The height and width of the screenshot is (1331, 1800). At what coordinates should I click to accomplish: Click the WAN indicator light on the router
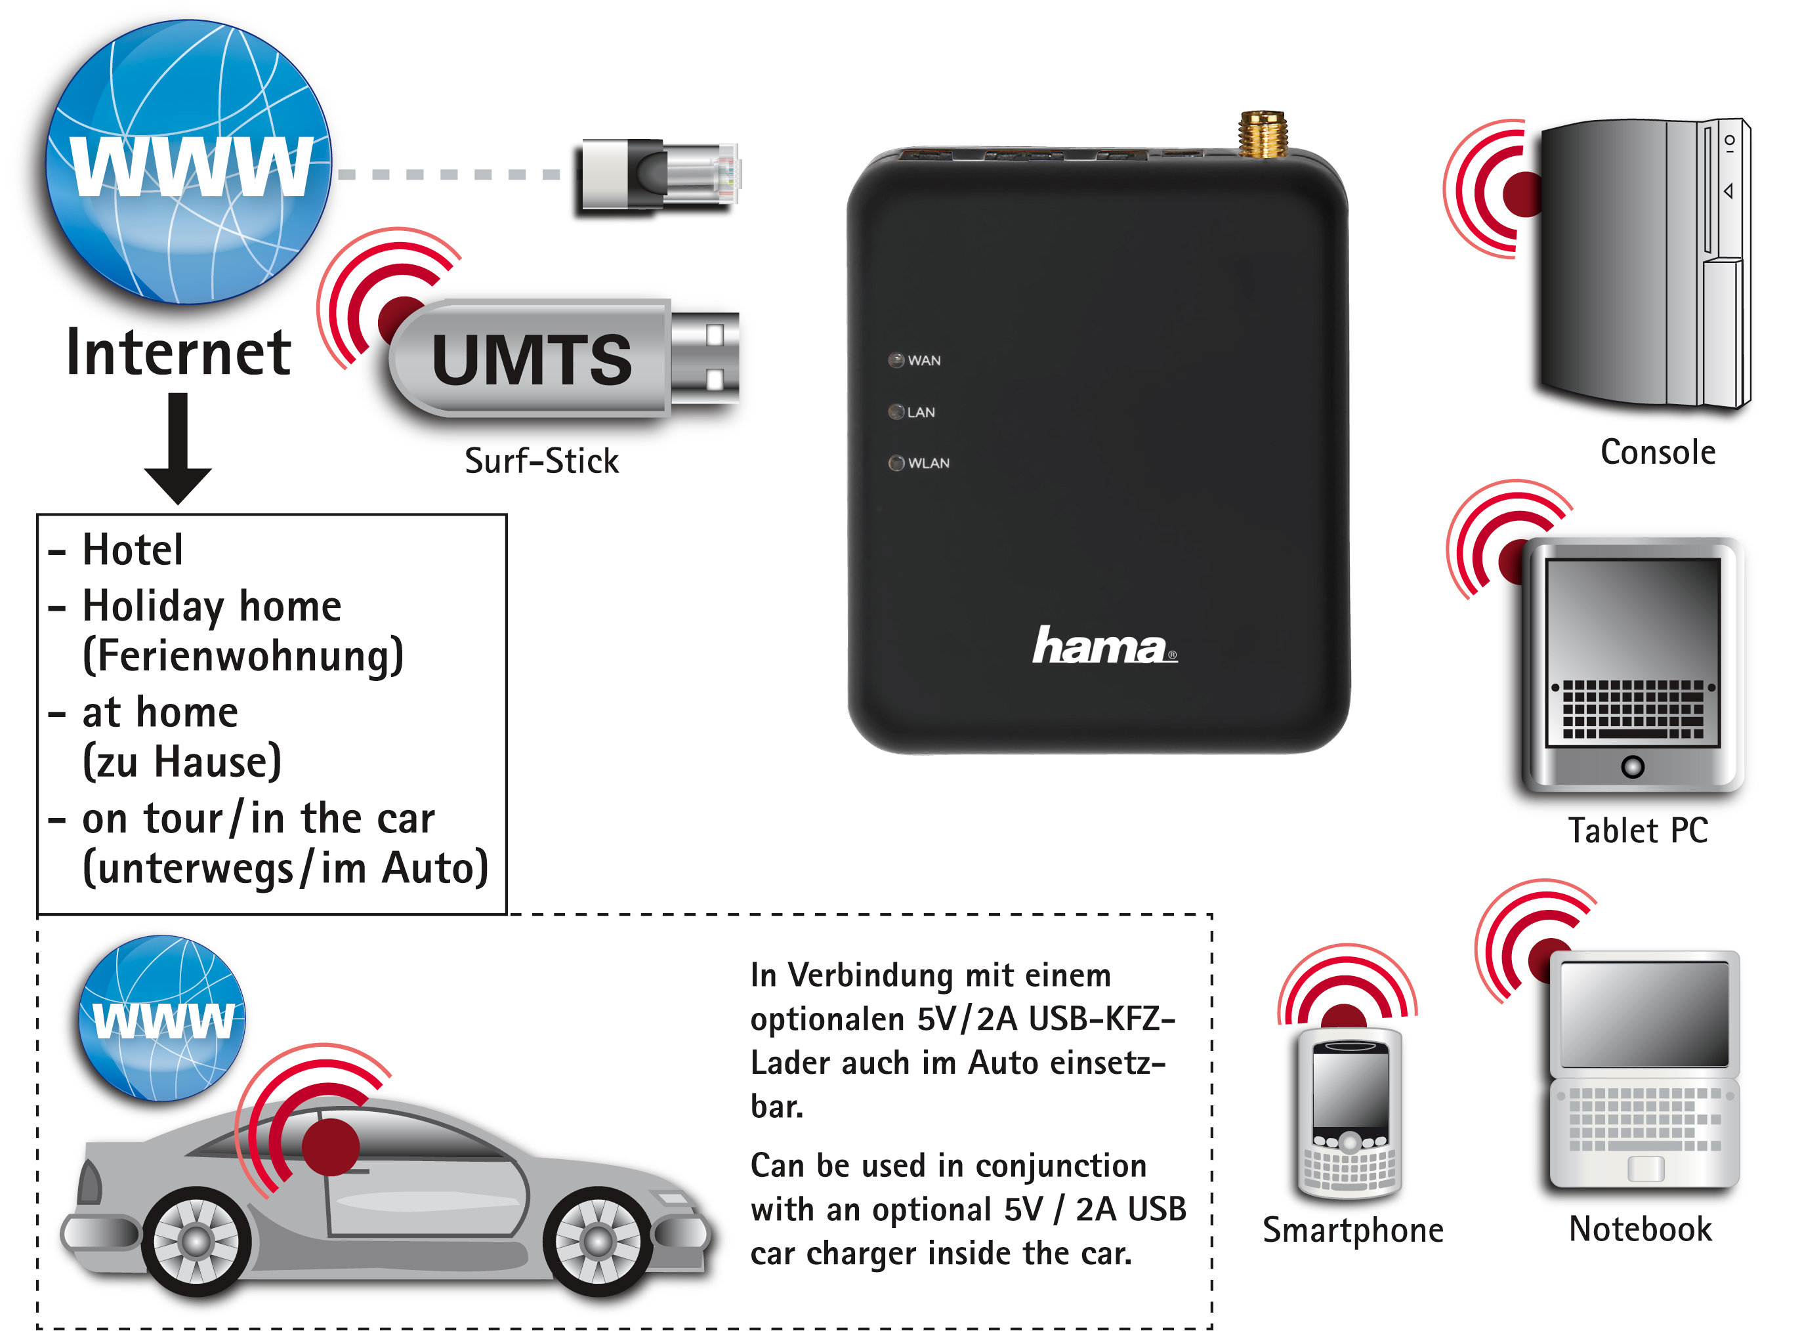896,360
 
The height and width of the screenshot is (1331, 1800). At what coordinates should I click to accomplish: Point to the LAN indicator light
896,412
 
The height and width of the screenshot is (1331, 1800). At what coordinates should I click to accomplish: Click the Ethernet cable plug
661,176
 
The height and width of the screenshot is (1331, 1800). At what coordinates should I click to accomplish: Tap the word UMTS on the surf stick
532,360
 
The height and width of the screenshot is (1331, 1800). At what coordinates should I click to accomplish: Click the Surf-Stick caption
541,462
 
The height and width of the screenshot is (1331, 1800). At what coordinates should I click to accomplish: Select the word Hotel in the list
133,550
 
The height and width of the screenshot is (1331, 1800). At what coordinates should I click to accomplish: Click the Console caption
1658,453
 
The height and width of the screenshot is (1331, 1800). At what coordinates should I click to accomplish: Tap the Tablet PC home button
1633,766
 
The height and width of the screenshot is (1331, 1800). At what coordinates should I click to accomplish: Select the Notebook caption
1641,1229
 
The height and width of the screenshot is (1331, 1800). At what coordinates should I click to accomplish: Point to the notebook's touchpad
1644,1168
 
